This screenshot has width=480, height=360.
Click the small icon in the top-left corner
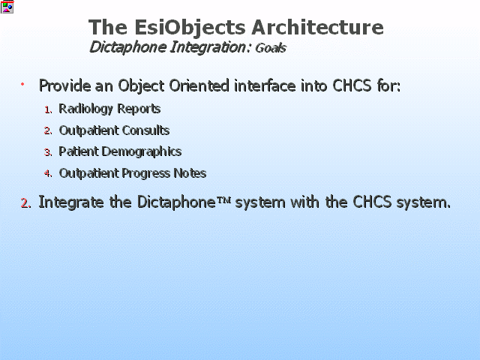click(x=7, y=7)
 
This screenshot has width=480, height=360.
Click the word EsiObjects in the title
click(x=190, y=28)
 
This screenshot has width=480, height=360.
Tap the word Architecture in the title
click(x=317, y=27)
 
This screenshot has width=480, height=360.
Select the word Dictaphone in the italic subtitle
click(x=127, y=47)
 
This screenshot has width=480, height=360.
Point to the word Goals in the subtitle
click(x=270, y=48)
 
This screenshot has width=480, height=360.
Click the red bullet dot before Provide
click(x=22, y=84)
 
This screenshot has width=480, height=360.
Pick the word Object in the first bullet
click(x=141, y=85)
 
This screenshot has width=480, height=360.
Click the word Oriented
click(x=199, y=85)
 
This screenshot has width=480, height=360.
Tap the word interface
click(x=265, y=85)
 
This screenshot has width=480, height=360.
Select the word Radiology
click(x=85, y=109)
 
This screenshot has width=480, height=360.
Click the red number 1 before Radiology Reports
click(x=48, y=110)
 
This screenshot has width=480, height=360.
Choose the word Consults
click(x=145, y=130)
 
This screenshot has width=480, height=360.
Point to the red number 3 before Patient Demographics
click(x=48, y=152)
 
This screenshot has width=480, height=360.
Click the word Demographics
click(x=142, y=151)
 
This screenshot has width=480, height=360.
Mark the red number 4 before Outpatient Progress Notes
click(x=48, y=173)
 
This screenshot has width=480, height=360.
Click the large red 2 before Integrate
click(x=25, y=203)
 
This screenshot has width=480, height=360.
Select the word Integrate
click(x=71, y=202)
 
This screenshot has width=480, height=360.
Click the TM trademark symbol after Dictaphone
click(x=223, y=200)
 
